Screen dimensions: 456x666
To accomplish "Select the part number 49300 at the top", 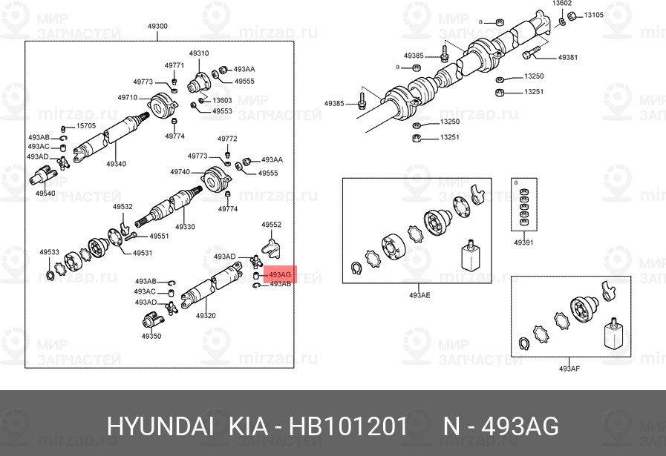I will pyautogui.click(x=157, y=27).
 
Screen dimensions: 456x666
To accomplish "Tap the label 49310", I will pyautogui.click(x=198, y=53).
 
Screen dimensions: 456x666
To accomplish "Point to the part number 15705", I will pyautogui.click(x=86, y=126).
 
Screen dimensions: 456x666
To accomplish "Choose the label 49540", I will pyautogui.click(x=45, y=194).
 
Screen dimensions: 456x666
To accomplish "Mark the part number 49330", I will pyautogui.click(x=185, y=227).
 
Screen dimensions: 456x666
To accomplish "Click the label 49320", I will pyautogui.click(x=206, y=316).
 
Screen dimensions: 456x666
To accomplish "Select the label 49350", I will pyautogui.click(x=151, y=336).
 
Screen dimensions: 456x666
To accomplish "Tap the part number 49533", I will pyautogui.click(x=49, y=253).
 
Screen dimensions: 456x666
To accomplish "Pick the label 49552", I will pyautogui.click(x=271, y=224).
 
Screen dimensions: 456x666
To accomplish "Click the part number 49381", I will pyautogui.click(x=567, y=57).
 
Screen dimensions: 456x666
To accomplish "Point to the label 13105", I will pyautogui.click(x=593, y=15).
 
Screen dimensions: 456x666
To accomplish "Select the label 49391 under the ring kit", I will pyautogui.click(x=523, y=242).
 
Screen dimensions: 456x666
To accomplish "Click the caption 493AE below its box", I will pyautogui.click(x=419, y=295).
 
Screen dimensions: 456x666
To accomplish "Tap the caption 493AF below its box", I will pyautogui.click(x=569, y=369).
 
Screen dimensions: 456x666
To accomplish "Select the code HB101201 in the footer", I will pyautogui.click(x=348, y=426).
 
